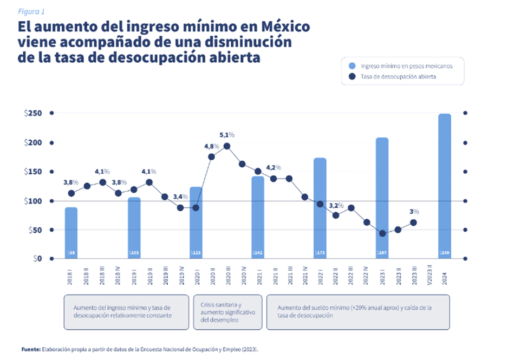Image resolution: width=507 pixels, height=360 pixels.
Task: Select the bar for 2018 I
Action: coord(71,233)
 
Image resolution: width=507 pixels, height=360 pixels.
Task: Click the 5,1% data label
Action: coord(226,135)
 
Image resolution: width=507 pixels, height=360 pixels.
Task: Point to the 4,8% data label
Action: coord(212,146)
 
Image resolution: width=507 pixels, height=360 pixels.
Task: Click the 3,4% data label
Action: coord(180,197)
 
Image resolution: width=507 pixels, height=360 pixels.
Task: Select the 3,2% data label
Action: coord(336,206)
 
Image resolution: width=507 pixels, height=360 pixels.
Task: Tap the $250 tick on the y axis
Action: coord(33,113)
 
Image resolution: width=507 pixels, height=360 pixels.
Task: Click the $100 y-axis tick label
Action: coord(33,201)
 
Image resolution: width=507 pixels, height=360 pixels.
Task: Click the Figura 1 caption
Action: coord(31,11)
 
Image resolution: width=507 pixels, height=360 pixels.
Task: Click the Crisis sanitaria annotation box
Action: coord(227,312)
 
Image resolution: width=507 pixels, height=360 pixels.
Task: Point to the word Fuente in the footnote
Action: coord(30,349)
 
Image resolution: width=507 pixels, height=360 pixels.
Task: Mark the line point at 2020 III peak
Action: coord(227,146)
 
